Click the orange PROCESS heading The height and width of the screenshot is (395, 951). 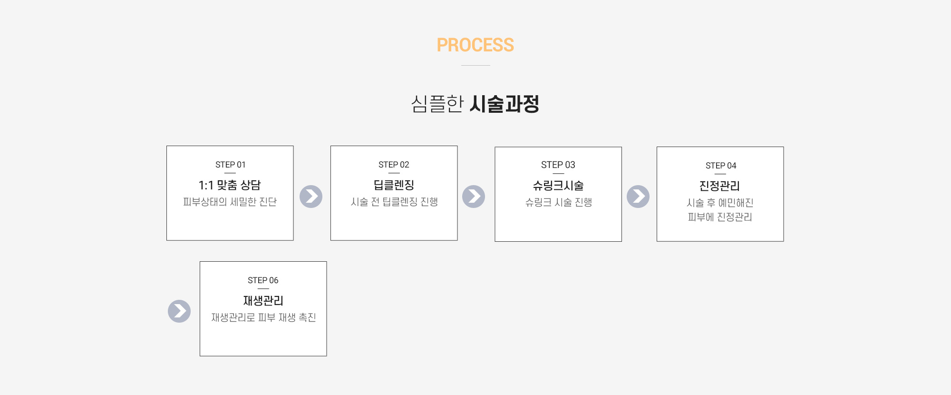[x=475, y=45]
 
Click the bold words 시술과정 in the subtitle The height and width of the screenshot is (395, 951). [x=505, y=104]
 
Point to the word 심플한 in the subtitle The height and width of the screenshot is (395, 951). [x=437, y=104]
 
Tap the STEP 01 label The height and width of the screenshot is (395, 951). [x=230, y=165]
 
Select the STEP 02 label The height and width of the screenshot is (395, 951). [x=394, y=165]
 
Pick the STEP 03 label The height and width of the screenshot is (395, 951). [x=558, y=165]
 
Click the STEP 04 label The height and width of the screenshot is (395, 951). [x=720, y=166]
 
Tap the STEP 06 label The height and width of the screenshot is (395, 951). [x=263, y=280]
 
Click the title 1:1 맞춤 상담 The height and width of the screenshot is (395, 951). [x=230, y=185]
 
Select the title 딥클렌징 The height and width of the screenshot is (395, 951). [x=394, y=185]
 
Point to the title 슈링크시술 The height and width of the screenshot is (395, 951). [x=558, y=186]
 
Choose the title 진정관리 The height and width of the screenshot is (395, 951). [x=720, y=186]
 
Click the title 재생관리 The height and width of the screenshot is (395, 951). [x=263, y=301]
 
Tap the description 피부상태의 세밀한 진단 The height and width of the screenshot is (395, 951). [x=230, y=202]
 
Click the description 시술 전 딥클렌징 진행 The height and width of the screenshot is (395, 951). [x=394, y=202]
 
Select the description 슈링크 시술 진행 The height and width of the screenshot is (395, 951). [x=558, y=202]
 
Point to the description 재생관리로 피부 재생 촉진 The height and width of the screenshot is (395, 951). [x=263, y=317]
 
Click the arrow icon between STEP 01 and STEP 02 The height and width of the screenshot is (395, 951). [x=311, y=197]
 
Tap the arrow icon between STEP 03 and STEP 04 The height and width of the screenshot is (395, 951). [x=638, y=197]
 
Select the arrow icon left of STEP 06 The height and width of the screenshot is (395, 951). [x=179, y=311]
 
